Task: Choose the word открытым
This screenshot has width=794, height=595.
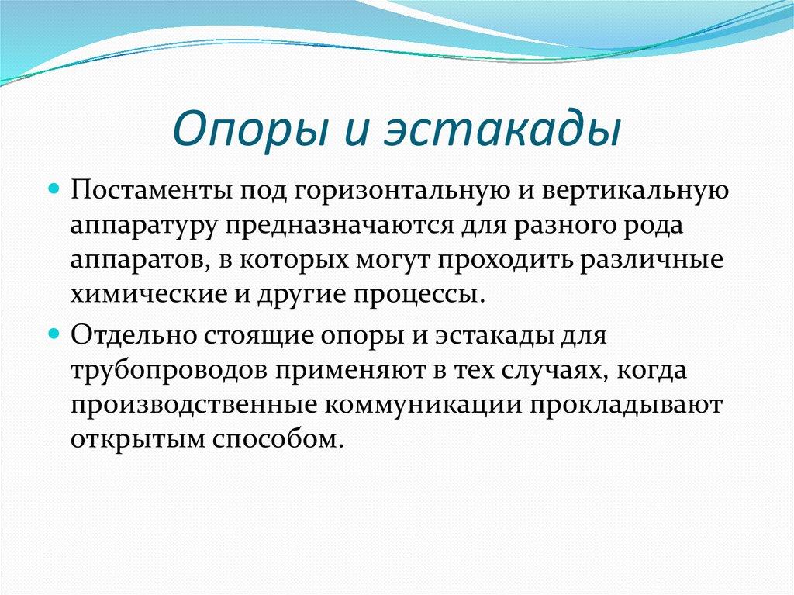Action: click(x=123, y=440)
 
